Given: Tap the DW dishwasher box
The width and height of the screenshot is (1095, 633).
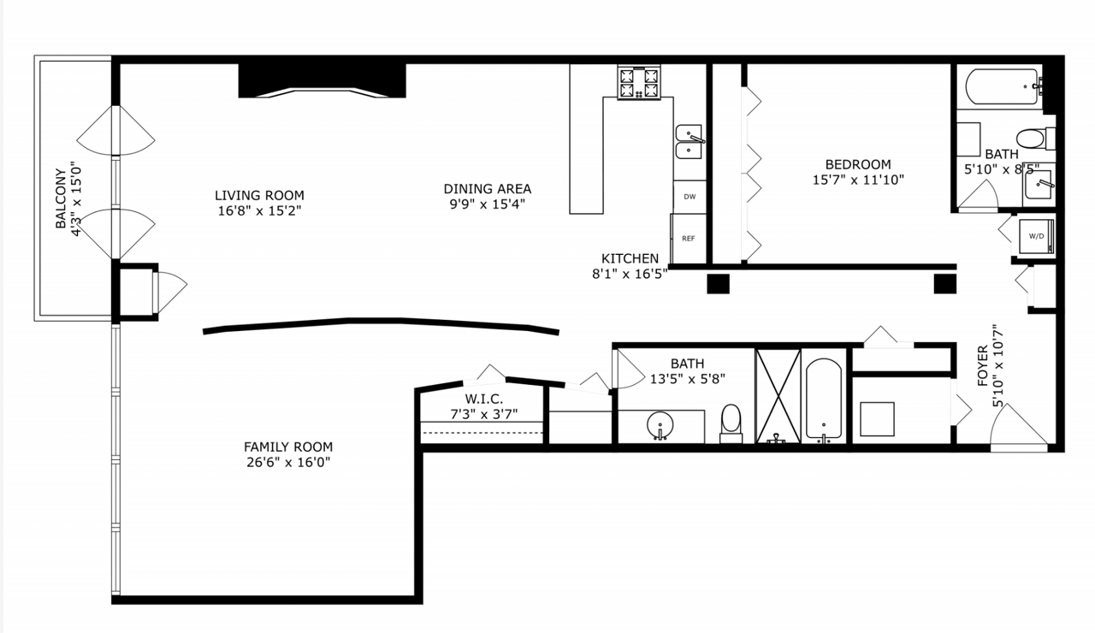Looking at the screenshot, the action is [x=690, y=197].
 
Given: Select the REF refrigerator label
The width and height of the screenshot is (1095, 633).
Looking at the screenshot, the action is [x=689, y=239].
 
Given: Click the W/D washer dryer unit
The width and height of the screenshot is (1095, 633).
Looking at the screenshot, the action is [x=1036, y=237].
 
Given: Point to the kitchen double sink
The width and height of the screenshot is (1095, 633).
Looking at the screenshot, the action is [x=690, y=142].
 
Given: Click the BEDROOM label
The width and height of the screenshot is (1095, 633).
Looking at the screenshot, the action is [x=858, y=164].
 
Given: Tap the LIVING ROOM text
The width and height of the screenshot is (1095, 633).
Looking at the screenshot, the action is [x=259, y=196].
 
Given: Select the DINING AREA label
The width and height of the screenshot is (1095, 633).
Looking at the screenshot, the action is [x=488, y=189].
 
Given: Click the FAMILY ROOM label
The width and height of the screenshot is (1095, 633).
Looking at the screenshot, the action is [x=288, y=447].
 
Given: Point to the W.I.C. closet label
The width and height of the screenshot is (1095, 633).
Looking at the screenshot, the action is [x=484, y=399].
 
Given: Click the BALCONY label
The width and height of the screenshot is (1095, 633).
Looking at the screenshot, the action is [x=61, y=198].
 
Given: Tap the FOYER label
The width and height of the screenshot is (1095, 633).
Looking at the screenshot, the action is [x=983, y=365].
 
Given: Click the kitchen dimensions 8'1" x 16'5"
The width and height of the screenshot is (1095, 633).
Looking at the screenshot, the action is [x=630, y=274].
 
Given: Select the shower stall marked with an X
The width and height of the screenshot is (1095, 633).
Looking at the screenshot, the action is [x=778, y=396].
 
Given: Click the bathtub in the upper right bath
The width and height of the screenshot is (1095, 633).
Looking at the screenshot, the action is [x=1002, y=86].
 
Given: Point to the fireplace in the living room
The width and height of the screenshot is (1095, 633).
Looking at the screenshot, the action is [x=323, y=80].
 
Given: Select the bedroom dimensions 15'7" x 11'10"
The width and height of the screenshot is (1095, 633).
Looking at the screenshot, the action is [x=858, y=180].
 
